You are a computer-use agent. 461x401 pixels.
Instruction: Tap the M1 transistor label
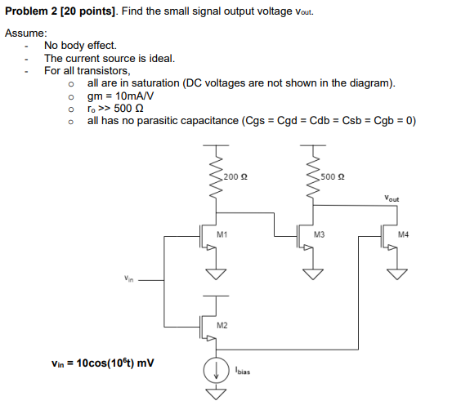[x=222, y=234]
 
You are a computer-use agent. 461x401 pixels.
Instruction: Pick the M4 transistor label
[x=402, y=234]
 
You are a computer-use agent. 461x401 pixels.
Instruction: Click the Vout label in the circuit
[x=392, y=198]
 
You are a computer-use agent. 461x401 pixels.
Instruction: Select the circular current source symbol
[x=216, y=367]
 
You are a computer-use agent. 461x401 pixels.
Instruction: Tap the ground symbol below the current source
[x=216, y=394]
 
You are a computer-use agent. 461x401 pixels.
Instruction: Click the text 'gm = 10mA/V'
[x=122, y=96]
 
